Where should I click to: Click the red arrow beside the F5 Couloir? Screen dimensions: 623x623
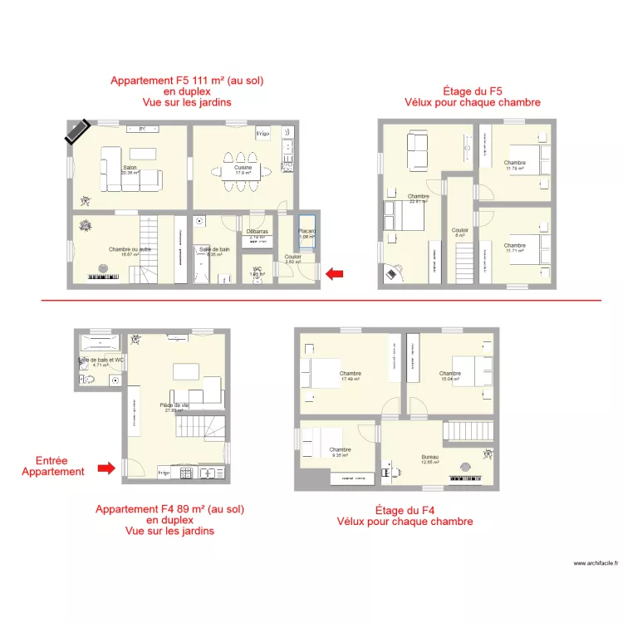click(x=335, y=272)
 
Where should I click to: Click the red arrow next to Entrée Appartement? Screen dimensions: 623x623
click(x=106, y=468)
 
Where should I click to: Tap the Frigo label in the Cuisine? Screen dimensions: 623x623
click(x=262, y=133)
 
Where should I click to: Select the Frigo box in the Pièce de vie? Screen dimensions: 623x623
click(x=164, y=473)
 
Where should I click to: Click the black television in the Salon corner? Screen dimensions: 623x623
click(x=79, y=131)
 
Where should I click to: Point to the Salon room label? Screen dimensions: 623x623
click(x=130, y=168)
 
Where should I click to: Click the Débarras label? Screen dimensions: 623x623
click(x=258, y=232)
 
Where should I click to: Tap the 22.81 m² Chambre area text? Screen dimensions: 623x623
click(x=418, y=201)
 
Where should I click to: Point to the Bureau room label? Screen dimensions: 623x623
click(x=429, y=458)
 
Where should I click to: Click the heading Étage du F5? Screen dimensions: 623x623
click(x=473, y=91)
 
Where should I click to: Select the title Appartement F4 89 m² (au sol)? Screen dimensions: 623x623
click(x=169, y=509)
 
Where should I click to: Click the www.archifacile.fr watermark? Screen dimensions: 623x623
click(x=596, y=563)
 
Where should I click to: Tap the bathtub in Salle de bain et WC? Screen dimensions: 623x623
click(x=101, y=341)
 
